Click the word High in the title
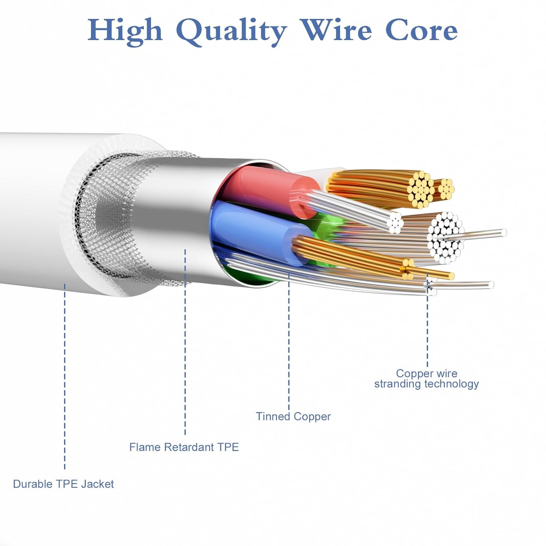click(x=124, y=31)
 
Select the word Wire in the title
click(x=337, y=30)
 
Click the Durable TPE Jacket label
click(x=63, y=484)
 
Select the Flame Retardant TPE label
click(x=184, y=447)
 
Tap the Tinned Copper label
click(x=293, y=416)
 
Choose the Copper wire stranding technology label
click(x=426, y=379)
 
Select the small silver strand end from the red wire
click(x=395, y=222)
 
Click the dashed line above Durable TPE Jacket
click(x=65, y=375)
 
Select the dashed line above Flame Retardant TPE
click(x=185, y=342)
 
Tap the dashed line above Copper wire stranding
click(x=427, y=328)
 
